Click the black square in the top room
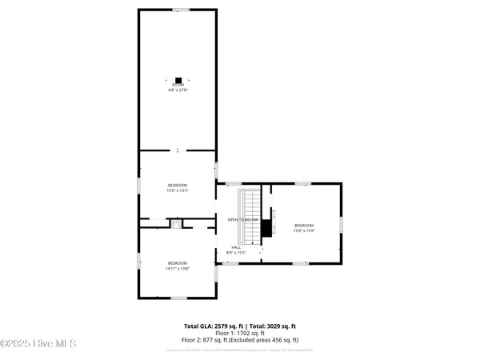[178, 79]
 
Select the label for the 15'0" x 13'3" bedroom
[177, 188]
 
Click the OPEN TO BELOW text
[242, 219]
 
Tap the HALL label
[236, 247]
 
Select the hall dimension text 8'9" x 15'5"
[236, 253]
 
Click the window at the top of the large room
[183, 10]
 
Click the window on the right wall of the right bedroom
[342, 224]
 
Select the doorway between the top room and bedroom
[178, 150]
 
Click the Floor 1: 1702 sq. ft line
[240, 333]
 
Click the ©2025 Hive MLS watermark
[38, 344]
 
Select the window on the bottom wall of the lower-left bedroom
[178, 298]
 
